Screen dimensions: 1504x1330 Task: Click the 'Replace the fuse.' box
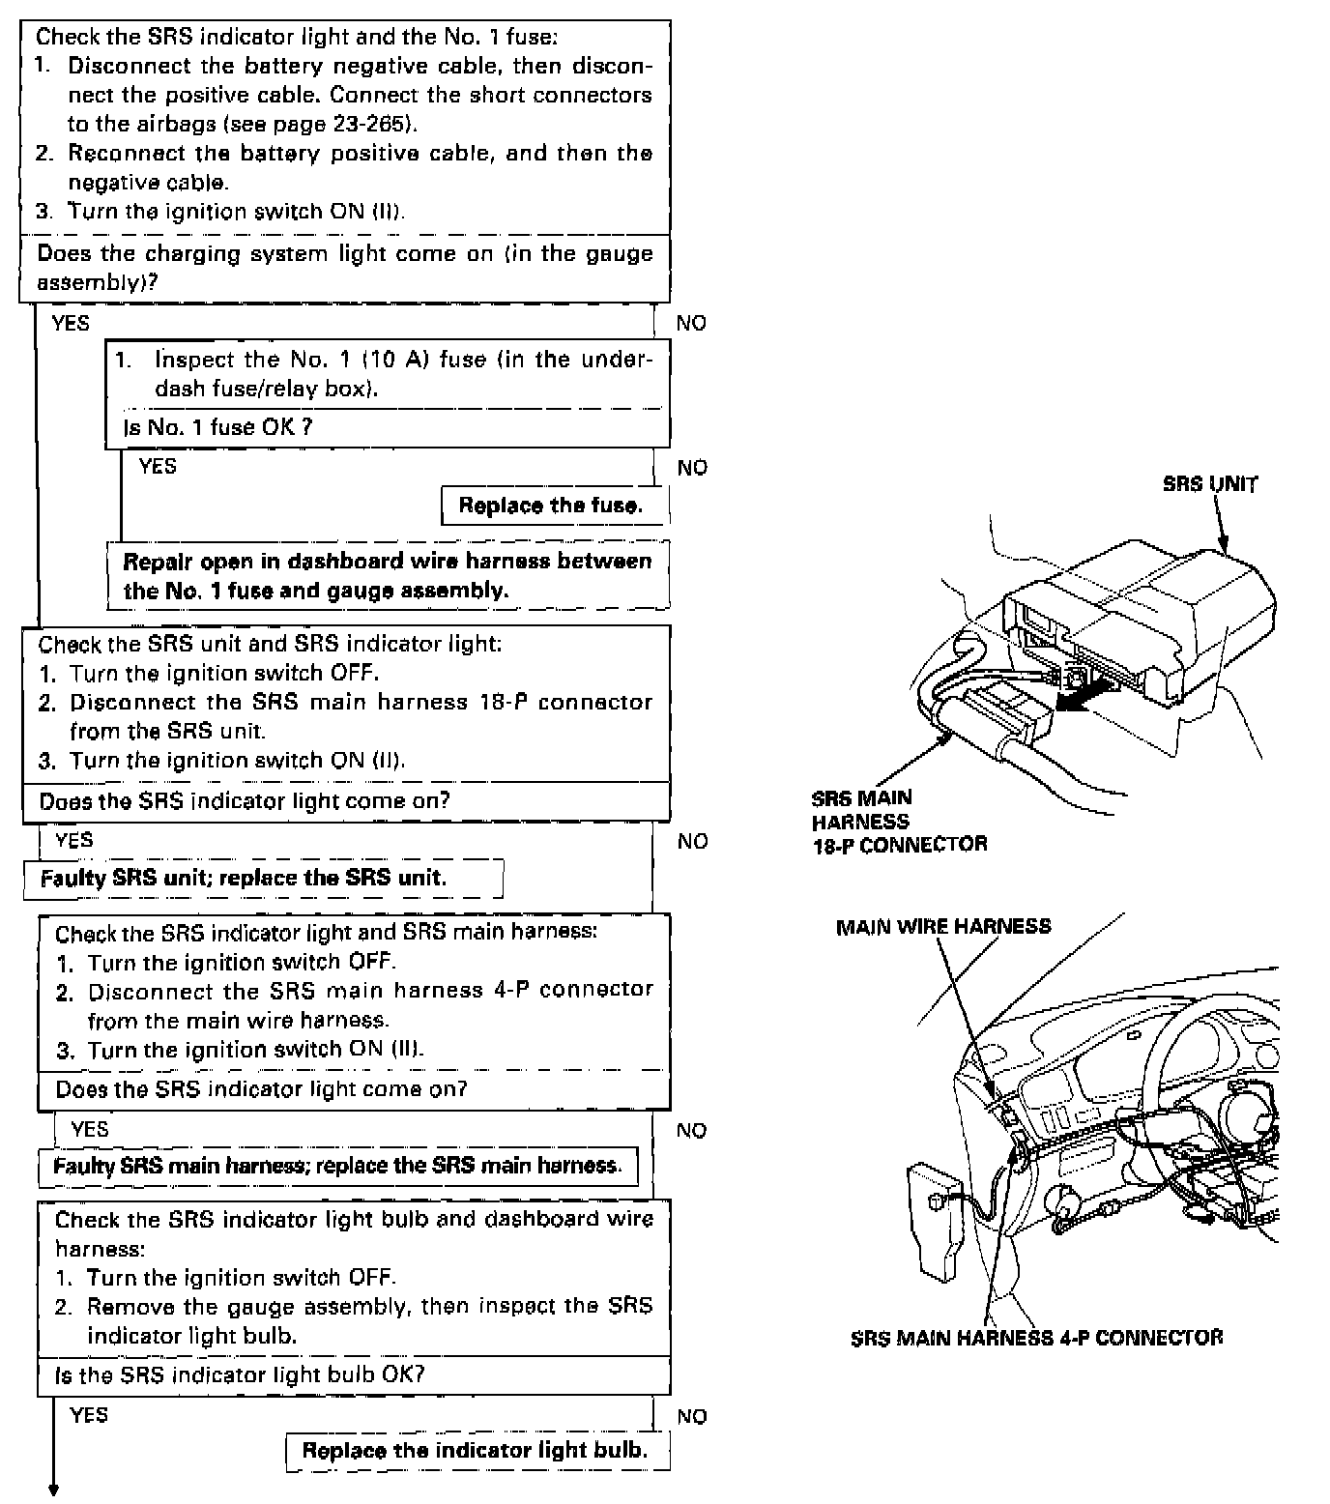551,506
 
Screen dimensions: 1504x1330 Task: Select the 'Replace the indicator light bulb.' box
475,1451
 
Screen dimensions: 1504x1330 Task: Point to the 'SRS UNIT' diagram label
1210,484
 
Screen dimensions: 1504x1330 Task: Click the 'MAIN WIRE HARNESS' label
942,927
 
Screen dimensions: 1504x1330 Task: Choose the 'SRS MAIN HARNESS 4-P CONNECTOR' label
1036,1338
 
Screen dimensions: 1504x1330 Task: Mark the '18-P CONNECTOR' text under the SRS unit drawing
899,844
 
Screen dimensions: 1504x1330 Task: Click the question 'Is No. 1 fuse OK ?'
217,427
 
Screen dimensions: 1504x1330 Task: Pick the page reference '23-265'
376,124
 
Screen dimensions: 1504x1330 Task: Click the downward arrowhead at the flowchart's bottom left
54,1490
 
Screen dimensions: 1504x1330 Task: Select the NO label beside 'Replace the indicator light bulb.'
691,1417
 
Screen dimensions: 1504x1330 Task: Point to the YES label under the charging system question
71,323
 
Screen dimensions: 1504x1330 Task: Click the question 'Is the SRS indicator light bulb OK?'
240,1375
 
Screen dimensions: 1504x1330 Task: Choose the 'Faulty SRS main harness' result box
336,1166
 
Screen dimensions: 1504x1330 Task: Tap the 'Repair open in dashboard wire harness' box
387,576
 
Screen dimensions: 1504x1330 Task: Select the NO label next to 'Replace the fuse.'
692,468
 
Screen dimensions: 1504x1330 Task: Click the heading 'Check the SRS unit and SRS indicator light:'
270,644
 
